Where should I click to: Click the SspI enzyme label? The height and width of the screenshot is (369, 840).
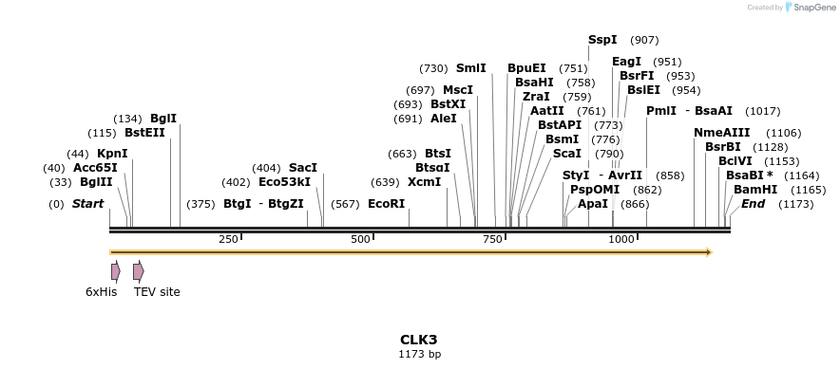(x=602, y=40)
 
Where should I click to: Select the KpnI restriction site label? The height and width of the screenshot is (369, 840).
(x=112, y=154)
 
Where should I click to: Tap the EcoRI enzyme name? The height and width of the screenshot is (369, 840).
(x=386, y=204)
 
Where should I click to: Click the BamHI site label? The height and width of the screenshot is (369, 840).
(x=755, y=190)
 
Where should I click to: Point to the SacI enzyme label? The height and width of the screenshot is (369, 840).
(x=303, y=168)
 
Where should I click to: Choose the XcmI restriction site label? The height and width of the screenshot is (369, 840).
(x=424, y=182)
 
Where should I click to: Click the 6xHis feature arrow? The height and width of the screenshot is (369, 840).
(x=115, y=271)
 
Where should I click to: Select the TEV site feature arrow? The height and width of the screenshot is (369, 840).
(x=139, y=271)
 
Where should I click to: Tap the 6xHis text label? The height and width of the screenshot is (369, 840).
(x=101, y=292)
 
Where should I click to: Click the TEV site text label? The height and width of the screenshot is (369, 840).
(x=157, y=292)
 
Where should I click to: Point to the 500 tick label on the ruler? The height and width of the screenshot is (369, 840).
(x=359, y=240)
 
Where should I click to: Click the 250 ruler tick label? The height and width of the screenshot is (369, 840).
(x=228, y=240)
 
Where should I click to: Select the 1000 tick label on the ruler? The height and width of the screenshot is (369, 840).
(x=620, y=240)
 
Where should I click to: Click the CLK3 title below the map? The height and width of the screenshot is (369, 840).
(x=418, y=339)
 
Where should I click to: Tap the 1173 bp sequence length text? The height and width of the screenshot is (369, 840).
(x=418, y=354)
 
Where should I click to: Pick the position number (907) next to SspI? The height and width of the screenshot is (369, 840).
(x=644, y=40)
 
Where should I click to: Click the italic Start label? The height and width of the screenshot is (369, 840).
(x=87, y=204)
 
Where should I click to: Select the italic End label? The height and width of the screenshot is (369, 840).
(x=753, y=204)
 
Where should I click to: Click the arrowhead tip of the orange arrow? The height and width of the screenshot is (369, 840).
(x=711, y=252)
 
